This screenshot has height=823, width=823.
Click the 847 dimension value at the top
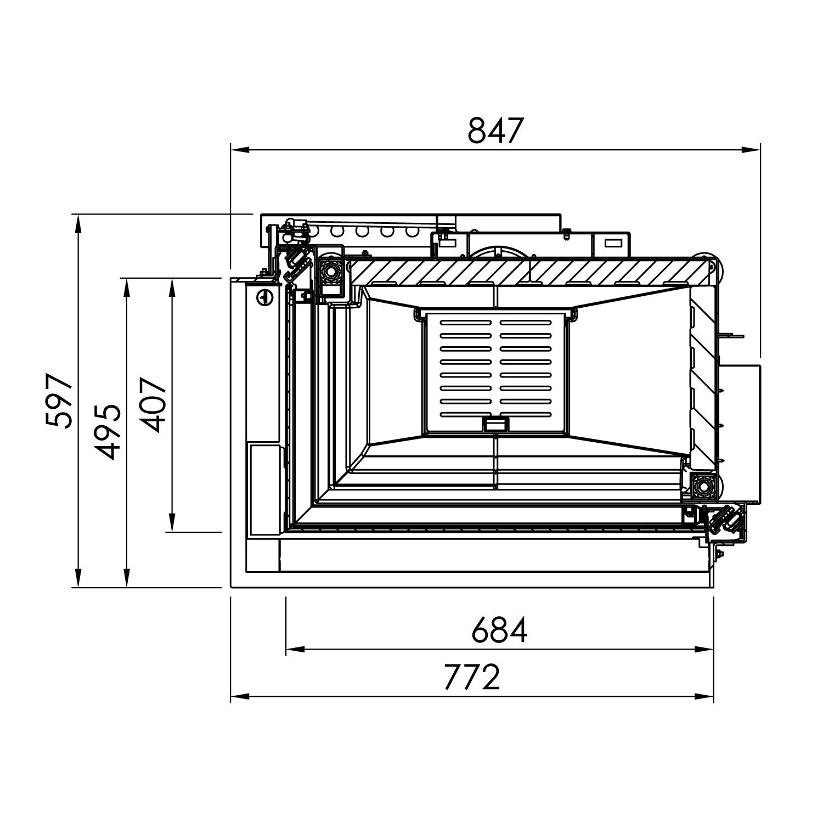click(x=496, y=131)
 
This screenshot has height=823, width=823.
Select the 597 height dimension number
click(x=59, y=401)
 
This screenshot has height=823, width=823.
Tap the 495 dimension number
click(x=107, y=432)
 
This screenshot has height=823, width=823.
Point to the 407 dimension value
click(x=153, y=404)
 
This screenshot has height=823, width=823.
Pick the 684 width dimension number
click(x=500, y=630)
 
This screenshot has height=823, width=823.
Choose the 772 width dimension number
click(x=472, y=678)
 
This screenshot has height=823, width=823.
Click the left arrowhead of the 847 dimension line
click(x=240, y=149)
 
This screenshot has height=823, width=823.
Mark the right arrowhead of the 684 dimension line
click(x=704, y=650)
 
